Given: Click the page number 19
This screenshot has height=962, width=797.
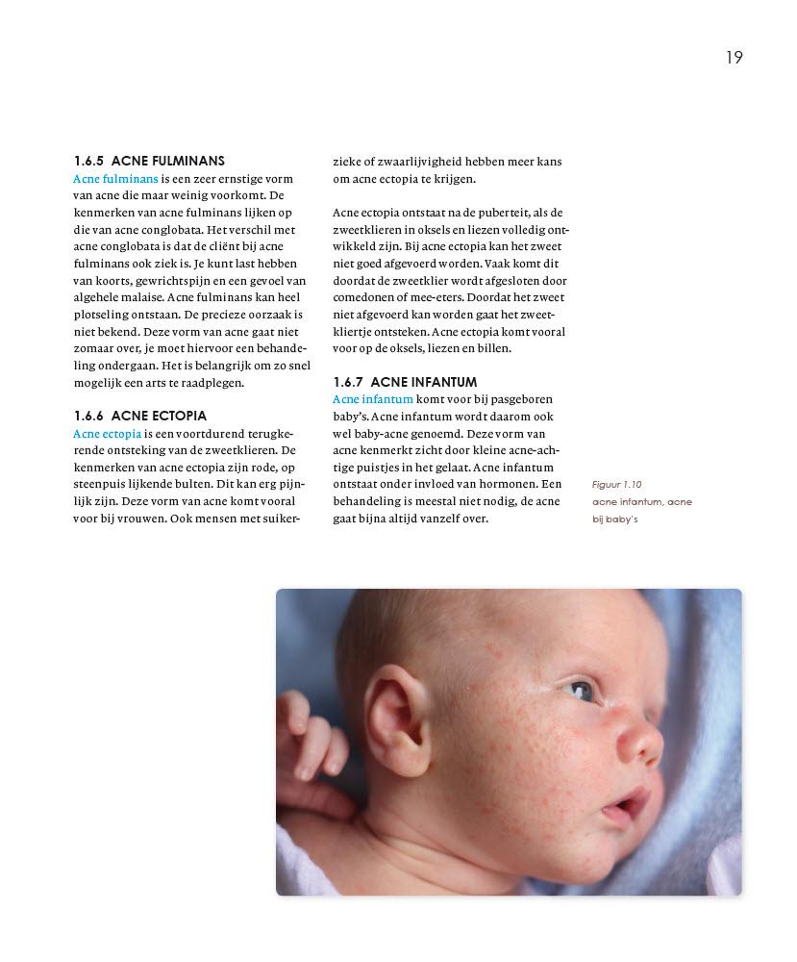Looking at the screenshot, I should click(x=734, y=58).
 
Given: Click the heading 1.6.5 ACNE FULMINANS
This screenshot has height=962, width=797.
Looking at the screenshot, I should click(x=149, y=161).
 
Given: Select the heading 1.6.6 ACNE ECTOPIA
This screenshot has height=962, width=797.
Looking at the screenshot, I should click(x=139, y=416).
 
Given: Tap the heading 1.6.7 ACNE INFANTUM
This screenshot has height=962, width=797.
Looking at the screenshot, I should click(x=405, y=382).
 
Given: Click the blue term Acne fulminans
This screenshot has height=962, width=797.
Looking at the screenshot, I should click(x=115, y=178).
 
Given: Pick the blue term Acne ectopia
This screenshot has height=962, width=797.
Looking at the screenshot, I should click(x=107, y=433).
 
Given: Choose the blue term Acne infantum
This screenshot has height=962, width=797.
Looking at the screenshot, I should click(x=373, y=399).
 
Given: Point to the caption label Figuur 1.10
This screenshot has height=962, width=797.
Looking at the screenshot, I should click(x=616, y=485).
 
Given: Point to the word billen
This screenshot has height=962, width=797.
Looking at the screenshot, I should click(x=518, y=348).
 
